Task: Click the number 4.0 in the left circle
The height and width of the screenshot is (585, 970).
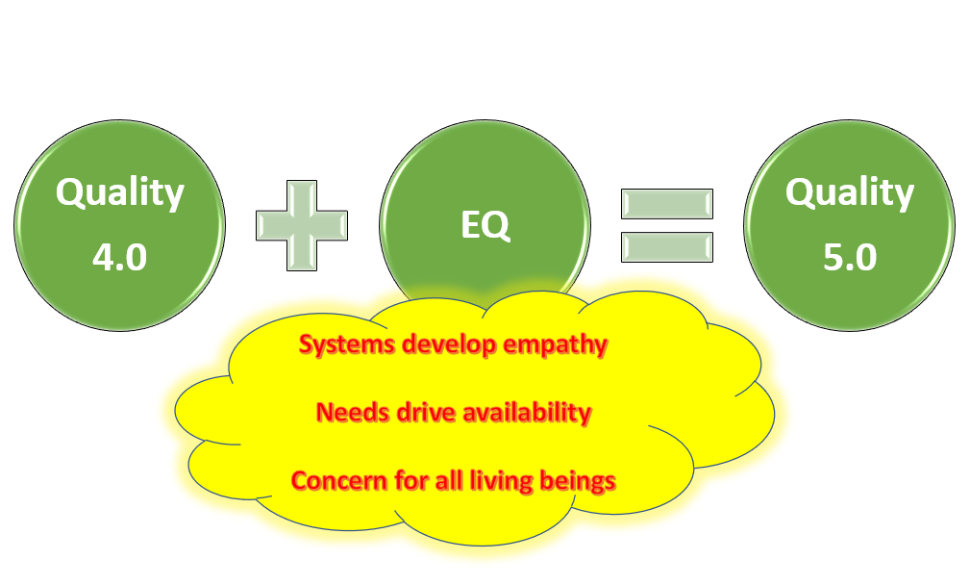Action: click(119, 258)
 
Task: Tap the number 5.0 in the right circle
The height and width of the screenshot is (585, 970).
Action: click(850, 258)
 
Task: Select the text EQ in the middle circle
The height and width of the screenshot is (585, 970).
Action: click(485, 226)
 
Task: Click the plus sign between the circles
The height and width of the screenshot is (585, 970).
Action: click(301, 225)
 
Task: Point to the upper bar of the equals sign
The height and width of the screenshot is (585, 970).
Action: click(666, 204)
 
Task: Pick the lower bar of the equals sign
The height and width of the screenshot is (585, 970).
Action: click(666, 246)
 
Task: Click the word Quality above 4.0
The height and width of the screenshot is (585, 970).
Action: click(119, 193)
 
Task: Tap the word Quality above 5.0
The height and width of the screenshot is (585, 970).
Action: click(850, 193)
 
